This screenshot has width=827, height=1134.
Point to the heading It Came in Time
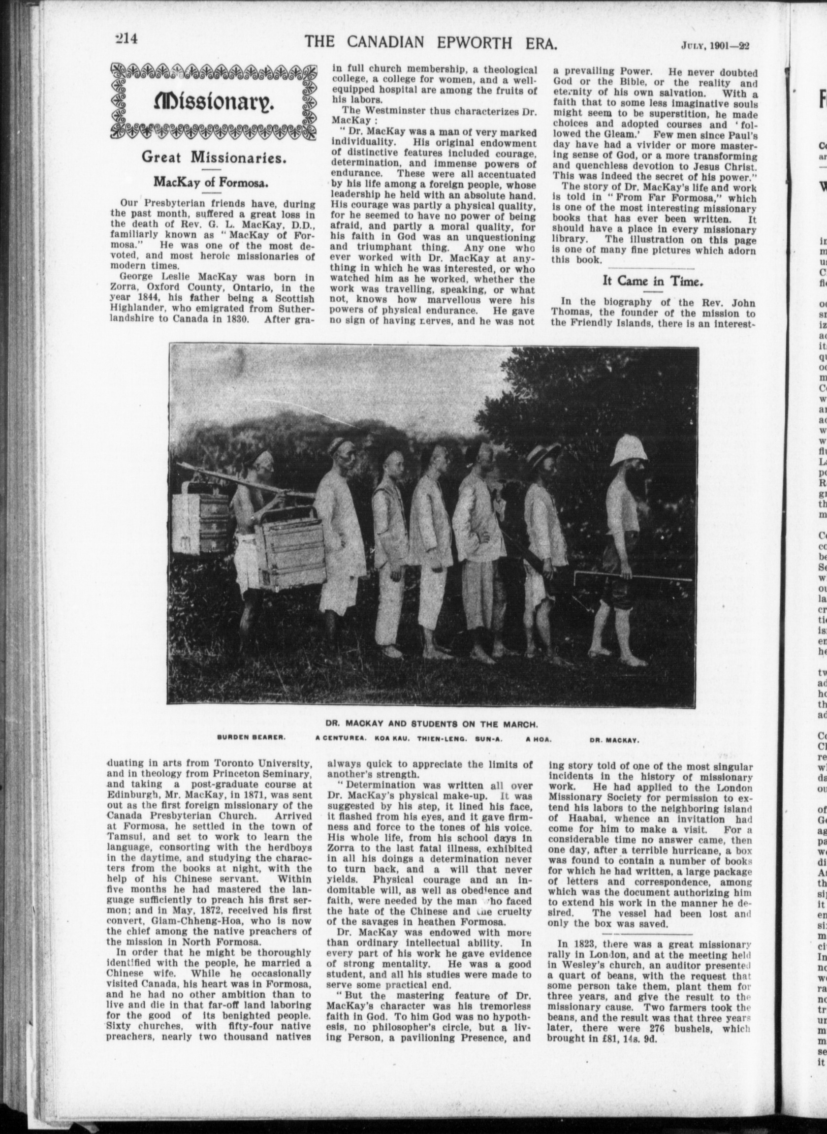(653, 281)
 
